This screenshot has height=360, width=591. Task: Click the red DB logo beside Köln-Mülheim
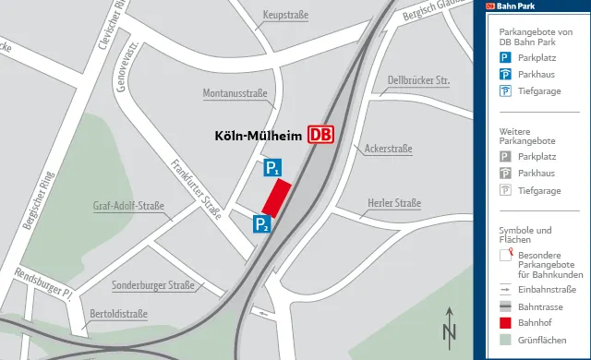pyautogui.click(x=320, y=136)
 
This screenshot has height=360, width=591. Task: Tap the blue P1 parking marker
pyautogui.click(x=272, y=167)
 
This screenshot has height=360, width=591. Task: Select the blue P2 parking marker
pyautogui.click(x=262, y=223)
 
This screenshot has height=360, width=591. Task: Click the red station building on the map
pyautogui.click(x=276, y=197)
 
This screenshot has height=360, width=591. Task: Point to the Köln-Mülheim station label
pyautogui.click(x=259, y=136)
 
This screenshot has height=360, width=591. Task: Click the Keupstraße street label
pyautogui.click(x=285, y=16)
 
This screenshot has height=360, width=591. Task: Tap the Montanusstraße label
pyautogui.click(x=235, y=93)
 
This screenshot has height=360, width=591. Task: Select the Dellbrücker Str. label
pyautogui.click(x=418, y=80)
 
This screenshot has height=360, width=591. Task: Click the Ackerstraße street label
pyautogui.click(x=388, y=148)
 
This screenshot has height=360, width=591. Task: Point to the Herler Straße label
pyautogui.click(x=394, y=204)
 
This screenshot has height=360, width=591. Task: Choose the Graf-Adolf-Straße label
pyautogui.click(x=128, y=206)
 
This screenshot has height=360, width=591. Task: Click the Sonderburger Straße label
pyautogui.click(x=153, y=285)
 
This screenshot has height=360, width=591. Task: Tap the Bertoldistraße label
pyautogui.click(x=119, y=314)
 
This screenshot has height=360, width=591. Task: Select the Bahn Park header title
pyautogui.click(x=516, y=6)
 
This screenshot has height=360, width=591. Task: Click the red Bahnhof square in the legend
pyautogui.click(x=505, y=322)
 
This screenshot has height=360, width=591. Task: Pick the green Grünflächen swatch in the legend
pyautogui.click(x=505, y=339)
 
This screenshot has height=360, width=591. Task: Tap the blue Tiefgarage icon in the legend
pyautogui.click(x=505, y=90)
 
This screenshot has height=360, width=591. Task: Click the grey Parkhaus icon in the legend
pyautogui.click(x=505, y=174)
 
